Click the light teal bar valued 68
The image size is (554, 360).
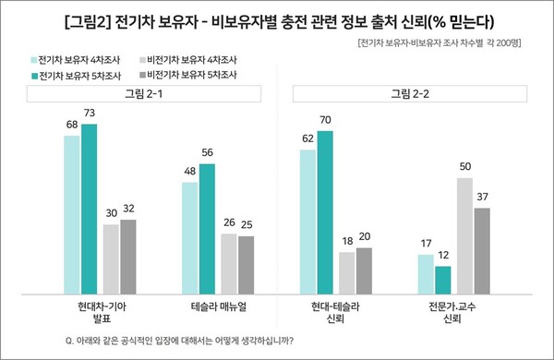tap(72, 213)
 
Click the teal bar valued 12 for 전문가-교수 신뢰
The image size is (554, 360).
tap(443, 278)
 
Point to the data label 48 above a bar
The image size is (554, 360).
tap(190, 173)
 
